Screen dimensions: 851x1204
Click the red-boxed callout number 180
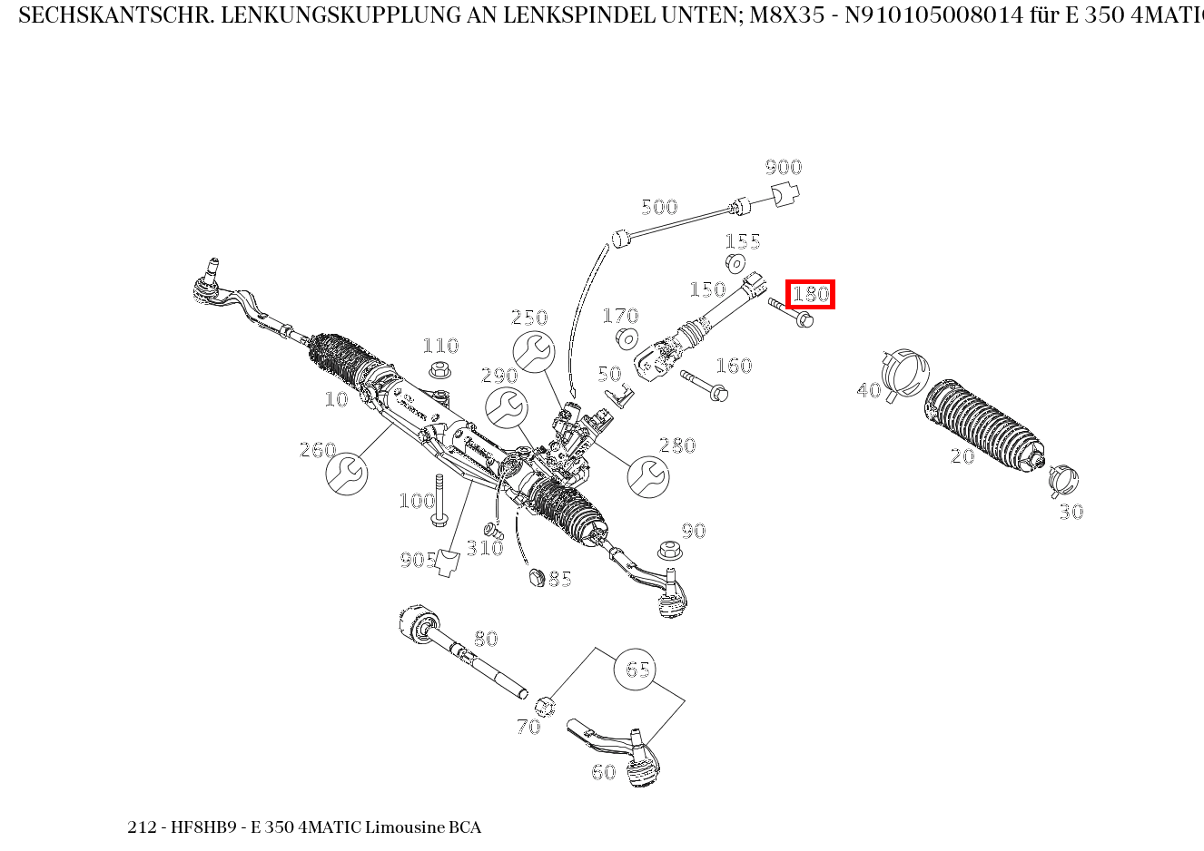coord(810,294)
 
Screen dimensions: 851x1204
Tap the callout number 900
coord(783,167)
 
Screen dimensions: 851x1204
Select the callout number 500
coord(659,207)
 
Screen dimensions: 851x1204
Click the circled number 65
coord(636,670)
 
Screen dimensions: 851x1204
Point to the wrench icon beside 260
coord(346,474)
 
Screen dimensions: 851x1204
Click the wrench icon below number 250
coord(533,352)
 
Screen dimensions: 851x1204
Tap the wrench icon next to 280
coord(648,476)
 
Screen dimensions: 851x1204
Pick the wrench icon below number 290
coord(506,408)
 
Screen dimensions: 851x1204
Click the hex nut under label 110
coord(440,370)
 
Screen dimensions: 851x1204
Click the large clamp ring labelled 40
coord(904,373)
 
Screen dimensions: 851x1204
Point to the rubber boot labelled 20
coord(983,425)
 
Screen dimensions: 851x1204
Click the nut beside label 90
coord(668,550)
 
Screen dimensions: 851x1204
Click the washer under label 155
coord(735,264)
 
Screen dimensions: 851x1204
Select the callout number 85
coord(560,579)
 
